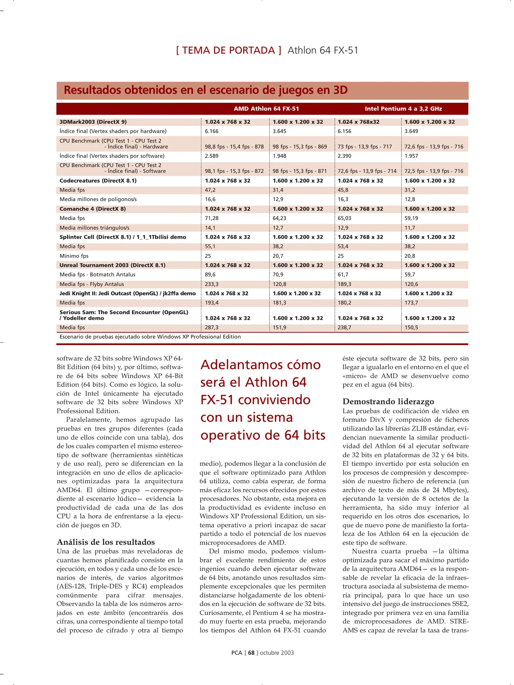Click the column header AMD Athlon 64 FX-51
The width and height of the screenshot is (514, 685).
tap(266, 109)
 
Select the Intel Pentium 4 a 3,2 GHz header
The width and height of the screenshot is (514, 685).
tap(403, 109)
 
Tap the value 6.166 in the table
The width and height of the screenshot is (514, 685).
tap(211, 131)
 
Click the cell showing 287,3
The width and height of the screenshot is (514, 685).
tap(211, 328)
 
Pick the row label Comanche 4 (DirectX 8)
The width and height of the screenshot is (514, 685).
tap(93, 209)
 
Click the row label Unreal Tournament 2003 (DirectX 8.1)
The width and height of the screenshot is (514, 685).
tap(112, 265)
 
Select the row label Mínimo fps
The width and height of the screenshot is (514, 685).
tap(74, 256)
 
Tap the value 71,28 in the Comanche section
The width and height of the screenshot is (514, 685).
tap(211, 218)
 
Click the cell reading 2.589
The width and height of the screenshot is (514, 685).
tap(211, 156)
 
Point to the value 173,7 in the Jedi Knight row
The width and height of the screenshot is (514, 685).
tap(411, 303)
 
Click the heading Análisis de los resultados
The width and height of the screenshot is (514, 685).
tap(106, 542)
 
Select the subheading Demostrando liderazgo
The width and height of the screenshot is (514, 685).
tap(388, 401)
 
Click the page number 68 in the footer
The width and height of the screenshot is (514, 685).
tap(251, 653)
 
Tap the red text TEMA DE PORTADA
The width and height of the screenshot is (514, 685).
tap(228, 50)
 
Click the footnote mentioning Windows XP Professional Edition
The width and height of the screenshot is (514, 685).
tap(150, 337)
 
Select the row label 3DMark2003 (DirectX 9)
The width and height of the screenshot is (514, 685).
tap(93, 122)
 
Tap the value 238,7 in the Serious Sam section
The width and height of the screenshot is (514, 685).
tap(344, 328)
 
